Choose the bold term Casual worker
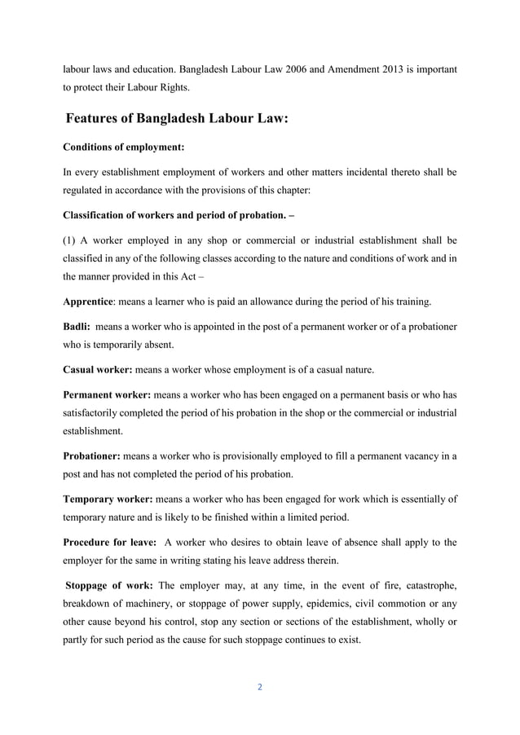coord(97,370)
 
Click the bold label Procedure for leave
coord(109,543)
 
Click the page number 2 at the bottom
coord(260,687)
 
